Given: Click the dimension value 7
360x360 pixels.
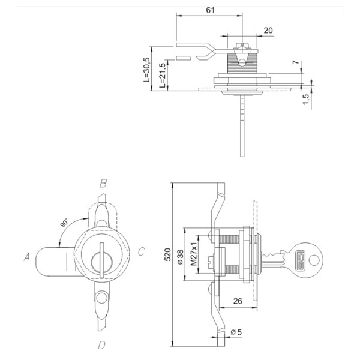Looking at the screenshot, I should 295,63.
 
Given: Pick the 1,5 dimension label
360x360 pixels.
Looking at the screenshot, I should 305,98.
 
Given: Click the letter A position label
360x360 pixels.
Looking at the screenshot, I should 27,257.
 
